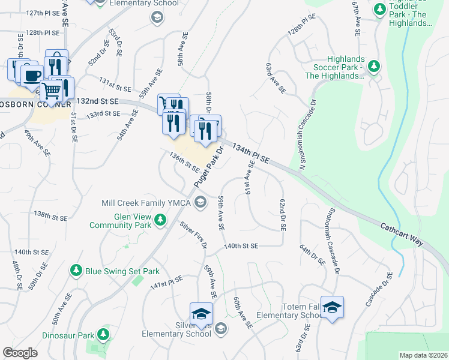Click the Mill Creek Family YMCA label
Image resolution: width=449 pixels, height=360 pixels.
(147, 203)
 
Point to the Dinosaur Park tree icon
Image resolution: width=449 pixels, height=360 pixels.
(104, 334)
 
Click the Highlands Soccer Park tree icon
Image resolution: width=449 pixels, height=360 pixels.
(373, 66)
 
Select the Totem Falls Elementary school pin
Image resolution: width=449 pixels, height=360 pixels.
(332, 307)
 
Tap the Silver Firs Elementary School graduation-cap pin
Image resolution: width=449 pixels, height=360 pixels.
(201, 313)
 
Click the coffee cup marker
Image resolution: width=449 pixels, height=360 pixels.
(32, 76)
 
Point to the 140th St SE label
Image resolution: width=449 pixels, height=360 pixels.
(241, 246)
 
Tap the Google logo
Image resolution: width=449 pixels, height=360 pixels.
(20, 353)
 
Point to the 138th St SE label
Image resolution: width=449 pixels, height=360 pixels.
(50, 215)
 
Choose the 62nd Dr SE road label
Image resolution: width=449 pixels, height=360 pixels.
(282, 216)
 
